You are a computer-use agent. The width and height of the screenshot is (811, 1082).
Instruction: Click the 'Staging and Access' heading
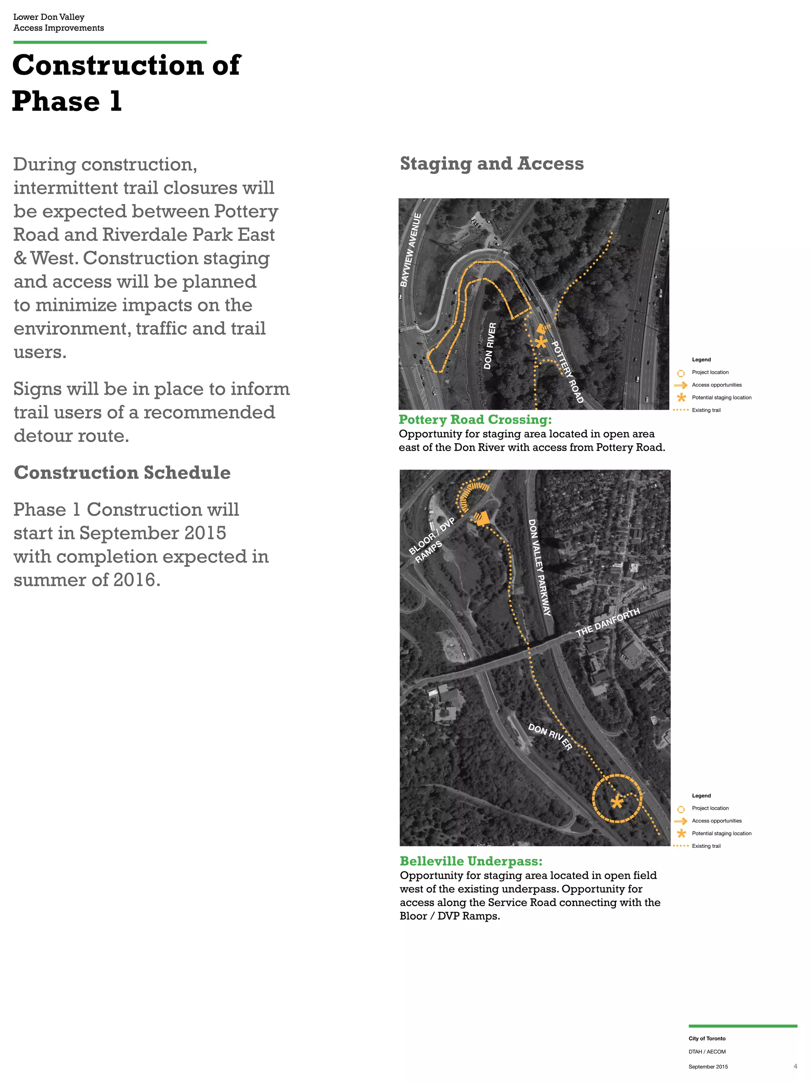point(491,163)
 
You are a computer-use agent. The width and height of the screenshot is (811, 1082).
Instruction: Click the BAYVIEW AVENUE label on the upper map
point(411,250)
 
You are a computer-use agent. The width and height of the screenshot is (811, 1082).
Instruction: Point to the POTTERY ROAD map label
point(567,372)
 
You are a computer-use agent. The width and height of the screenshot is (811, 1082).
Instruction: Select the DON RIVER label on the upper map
point(490,345)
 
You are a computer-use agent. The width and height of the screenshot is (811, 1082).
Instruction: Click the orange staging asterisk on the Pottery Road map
point(541,342)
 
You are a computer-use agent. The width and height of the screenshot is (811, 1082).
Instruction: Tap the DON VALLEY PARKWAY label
point(540,567)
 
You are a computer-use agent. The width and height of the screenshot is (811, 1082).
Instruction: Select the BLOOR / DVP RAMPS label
point(432,540)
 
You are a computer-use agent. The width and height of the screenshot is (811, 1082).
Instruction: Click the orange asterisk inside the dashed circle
point(617,802)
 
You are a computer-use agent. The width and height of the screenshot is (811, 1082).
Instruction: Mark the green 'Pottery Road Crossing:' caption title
point(475,420)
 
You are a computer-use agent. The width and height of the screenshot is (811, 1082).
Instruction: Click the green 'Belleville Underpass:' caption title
point(471,861)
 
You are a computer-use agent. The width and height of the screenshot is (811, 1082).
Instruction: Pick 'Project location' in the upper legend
point(710,372)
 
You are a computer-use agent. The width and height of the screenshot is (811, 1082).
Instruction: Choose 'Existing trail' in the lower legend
point(706,846)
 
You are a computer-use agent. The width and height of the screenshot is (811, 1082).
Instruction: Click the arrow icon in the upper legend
point(680,385)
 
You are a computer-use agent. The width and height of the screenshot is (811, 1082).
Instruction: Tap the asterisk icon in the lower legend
point(681,833)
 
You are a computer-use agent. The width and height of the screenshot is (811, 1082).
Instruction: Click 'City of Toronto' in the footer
point(707,1038)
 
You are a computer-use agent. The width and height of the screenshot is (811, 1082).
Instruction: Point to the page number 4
point(795,1066)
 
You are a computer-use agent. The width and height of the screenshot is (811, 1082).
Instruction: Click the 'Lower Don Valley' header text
point(49,17)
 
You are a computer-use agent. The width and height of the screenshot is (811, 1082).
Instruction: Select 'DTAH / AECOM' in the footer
point(707,1051)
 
